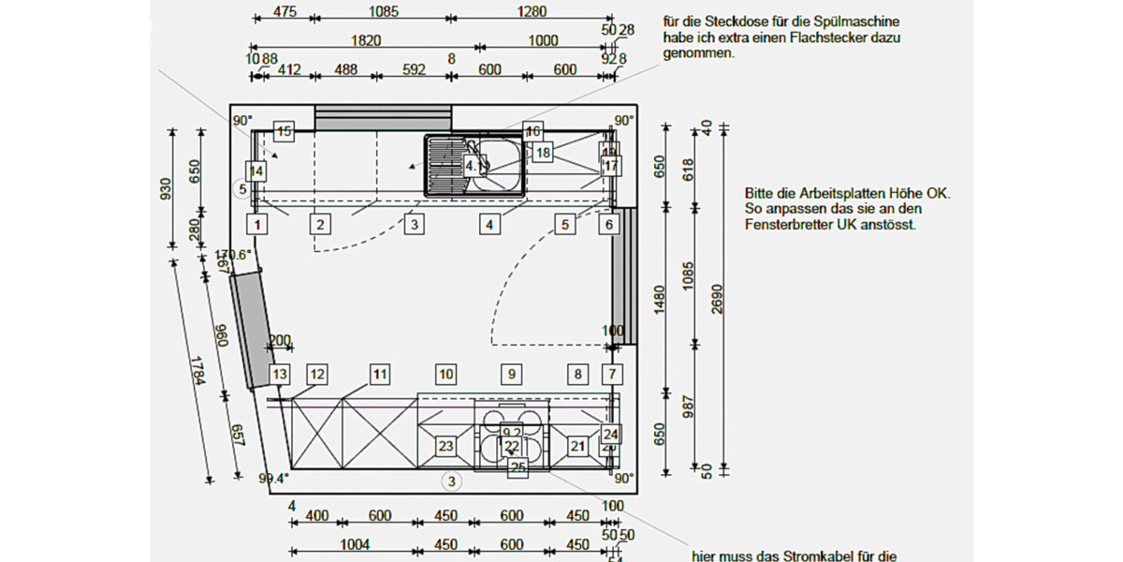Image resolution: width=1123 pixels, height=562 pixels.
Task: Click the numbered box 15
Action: click(284, 132)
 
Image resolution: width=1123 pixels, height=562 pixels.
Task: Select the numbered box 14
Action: click(255, 170)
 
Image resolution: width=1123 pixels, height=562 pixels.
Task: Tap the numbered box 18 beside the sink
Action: click(543, 152)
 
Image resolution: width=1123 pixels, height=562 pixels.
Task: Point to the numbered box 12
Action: click(317, 375)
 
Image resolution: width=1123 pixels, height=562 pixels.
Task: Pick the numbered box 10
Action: click(446, 375)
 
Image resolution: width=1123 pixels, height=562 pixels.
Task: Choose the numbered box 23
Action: click(446, 446)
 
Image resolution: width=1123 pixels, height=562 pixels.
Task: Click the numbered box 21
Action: click(577, 446)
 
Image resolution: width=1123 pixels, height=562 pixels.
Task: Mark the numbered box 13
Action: click(280, 375)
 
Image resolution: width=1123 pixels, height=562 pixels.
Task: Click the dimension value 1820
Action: click(365, 40)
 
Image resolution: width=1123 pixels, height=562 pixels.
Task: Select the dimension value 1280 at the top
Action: click(530, 12)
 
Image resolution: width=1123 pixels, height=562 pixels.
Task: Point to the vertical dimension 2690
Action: click(717, 300)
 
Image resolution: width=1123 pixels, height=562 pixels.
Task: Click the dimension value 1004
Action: click(355, 545)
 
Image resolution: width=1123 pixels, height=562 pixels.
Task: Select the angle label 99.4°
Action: click(273, 479)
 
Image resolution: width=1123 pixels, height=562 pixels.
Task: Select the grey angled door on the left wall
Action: click(251, 330)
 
